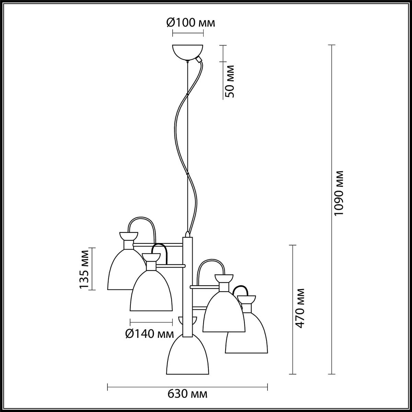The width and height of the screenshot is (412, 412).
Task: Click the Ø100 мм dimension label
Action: tap(191, 23)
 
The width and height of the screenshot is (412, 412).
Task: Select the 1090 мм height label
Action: tap(339, 193)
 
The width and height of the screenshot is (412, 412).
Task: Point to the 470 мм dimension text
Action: tap(300, 308)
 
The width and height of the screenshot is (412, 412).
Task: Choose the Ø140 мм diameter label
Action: tap(150, 333)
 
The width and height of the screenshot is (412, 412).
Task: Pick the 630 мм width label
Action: tap(187, 394)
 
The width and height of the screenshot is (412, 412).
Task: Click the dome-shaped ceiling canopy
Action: tap(187, 51)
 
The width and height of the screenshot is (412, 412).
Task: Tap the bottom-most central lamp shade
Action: tap(187, 357)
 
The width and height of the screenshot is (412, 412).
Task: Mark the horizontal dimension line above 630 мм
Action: tap(187, 387)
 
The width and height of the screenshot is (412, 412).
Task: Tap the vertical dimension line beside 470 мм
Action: tap(293, 309)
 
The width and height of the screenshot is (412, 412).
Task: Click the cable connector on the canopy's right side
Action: tap(198, 60)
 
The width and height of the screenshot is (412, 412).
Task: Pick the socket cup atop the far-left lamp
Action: tap(128, 236)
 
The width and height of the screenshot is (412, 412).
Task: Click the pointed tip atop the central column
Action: tap(187, 234)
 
